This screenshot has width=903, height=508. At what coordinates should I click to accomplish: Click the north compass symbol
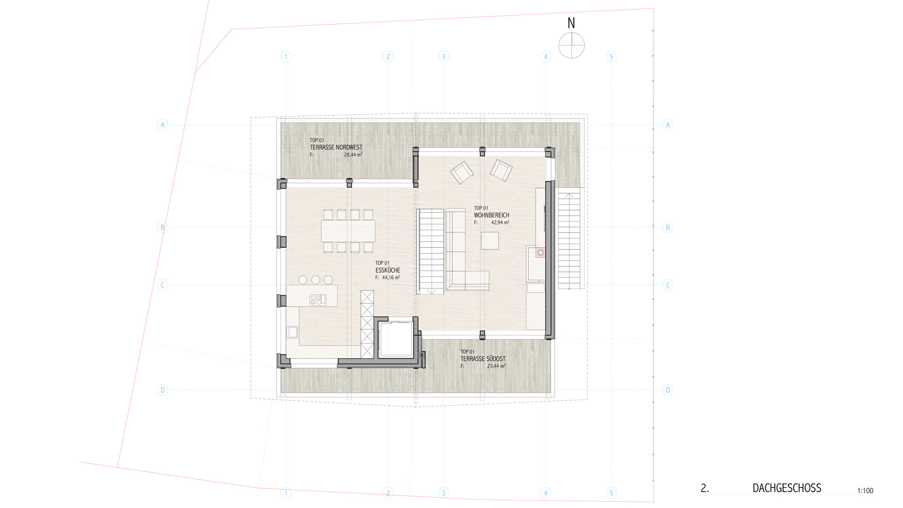tap(571, 46)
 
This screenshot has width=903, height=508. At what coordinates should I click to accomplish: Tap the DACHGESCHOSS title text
tap(787, 488)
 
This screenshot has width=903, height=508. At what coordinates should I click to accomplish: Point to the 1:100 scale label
tap(865, 491)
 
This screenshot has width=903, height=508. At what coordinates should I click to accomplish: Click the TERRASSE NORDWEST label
tap(336, 147)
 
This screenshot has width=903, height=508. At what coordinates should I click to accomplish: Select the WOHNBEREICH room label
tap(491, 215)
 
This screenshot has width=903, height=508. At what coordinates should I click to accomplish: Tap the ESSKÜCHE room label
tap(388, 270)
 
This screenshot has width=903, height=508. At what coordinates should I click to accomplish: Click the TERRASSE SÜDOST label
tap(483, 359)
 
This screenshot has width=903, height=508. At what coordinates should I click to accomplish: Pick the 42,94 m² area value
tap(500, 222)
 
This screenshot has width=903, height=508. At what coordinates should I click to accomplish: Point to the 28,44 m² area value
tap(353, 154)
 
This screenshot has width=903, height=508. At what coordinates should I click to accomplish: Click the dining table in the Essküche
tap(349, 231)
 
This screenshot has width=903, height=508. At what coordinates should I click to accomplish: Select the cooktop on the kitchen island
tap(317, 300)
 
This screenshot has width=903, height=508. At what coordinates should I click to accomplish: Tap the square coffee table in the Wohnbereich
tap(490, 241)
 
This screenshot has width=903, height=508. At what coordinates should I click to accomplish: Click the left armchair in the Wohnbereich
tap(462, 173)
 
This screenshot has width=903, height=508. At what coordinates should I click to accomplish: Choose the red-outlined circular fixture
tap(540, 253)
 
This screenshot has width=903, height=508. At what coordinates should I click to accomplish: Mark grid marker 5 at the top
tap(611, 56)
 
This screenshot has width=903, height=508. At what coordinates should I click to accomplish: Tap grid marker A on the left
tap(162, 125)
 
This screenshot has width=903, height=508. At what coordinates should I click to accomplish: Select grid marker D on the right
tap(667, 390)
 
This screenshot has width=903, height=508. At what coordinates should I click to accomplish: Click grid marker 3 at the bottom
tap(443, 493)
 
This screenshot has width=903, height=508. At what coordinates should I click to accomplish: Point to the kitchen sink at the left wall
tap(293, 332)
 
